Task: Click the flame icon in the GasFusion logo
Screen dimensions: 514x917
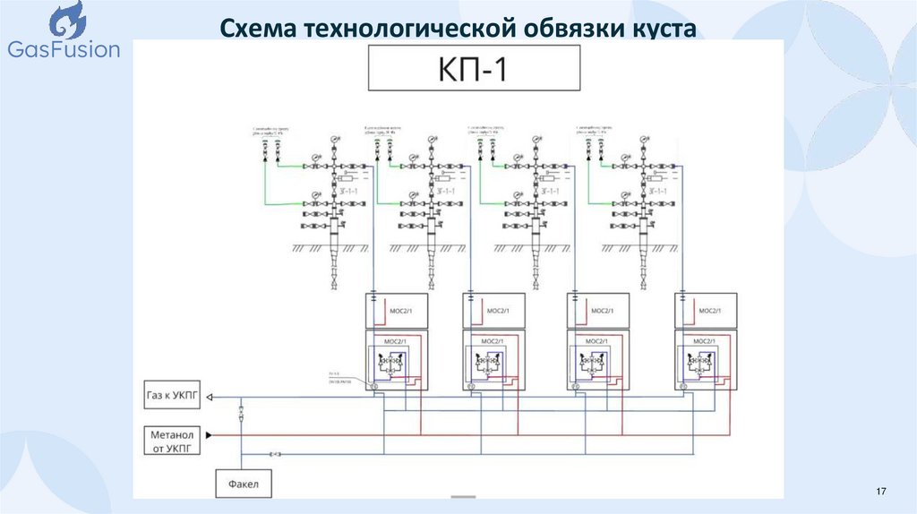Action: tap(65, 21)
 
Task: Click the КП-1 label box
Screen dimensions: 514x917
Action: tap(474, 69)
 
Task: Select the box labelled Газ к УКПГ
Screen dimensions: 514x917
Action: tap(173, 394)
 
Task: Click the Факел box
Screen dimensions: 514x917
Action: tap(243, 484)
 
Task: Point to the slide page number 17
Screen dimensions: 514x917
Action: tap(880, 493)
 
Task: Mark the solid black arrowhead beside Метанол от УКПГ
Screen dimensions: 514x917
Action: tap(210, 435)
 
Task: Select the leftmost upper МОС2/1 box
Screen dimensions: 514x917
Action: tap(397, 310)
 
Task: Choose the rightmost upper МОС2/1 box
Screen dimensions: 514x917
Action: tap(706, 310)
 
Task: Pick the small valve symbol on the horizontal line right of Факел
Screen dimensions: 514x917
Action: tap(278, 455)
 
